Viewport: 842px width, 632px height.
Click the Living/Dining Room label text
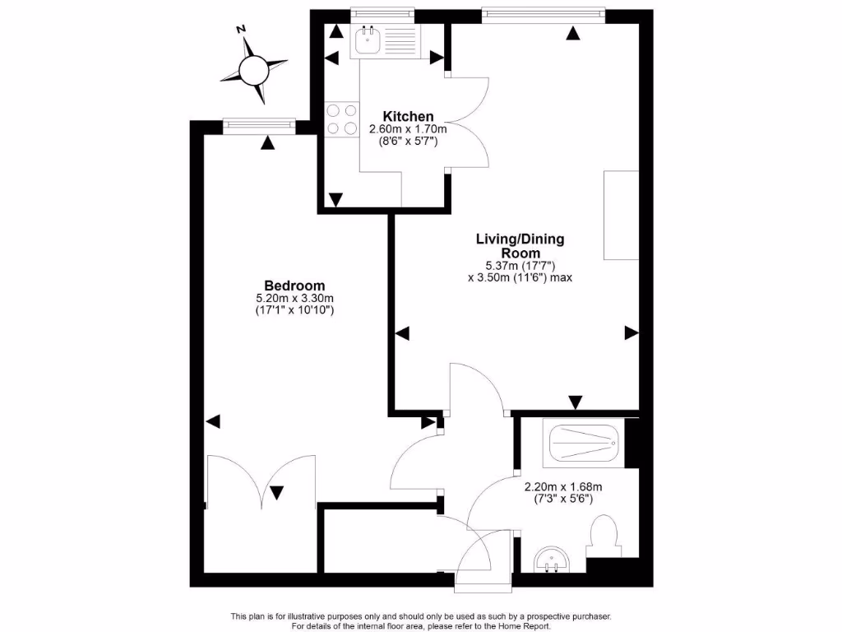click(520, 246)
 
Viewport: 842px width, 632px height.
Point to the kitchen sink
click(368, 39)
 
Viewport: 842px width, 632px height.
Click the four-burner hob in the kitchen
click(342, 119)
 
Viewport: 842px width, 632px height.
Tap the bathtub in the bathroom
click(582, 444)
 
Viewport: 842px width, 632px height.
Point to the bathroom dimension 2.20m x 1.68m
click(563, 486)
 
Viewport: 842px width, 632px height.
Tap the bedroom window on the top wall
click(259, 125)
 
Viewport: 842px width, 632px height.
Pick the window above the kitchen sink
click(381, 12)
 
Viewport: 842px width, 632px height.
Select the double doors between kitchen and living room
click(467, 123)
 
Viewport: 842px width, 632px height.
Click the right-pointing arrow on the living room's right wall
click(631, 332)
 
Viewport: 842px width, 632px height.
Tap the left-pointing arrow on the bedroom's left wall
click(213, 421)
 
